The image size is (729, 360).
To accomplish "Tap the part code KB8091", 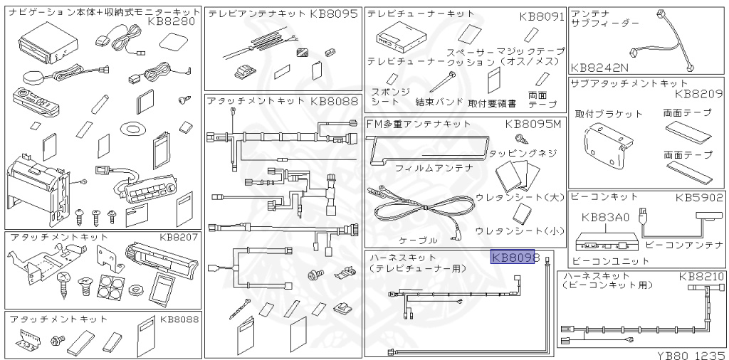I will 541,16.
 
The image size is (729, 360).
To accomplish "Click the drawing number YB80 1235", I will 686,352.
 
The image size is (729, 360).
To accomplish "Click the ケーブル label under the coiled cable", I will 419,240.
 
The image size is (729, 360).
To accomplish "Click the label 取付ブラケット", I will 609,114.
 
